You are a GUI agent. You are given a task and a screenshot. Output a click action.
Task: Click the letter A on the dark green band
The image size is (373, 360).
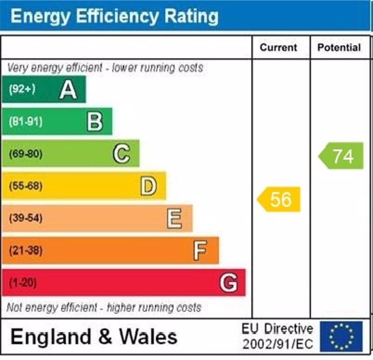point(68,89)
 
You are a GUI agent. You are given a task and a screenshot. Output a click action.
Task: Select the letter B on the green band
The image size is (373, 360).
point(95,121)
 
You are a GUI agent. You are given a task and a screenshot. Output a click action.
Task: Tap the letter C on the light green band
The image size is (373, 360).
point(121,153)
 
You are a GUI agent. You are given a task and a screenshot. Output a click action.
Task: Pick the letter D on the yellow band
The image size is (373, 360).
point(148,186)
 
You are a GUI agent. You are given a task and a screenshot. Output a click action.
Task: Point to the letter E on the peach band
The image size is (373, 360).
point(174,218)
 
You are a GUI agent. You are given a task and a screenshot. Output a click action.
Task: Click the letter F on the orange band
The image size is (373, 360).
point(200,250)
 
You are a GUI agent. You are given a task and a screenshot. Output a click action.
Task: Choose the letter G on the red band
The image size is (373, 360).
point(228,283)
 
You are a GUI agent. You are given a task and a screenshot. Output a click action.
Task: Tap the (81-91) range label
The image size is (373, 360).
point(25,121)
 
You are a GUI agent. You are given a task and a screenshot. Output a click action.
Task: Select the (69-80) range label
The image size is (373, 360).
point(25,153)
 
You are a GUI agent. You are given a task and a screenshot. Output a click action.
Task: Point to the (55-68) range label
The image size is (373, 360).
point(25,186)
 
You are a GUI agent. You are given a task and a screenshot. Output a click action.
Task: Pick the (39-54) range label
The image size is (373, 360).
point(25,218)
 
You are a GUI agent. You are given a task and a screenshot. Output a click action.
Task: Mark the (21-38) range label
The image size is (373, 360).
point(25,250)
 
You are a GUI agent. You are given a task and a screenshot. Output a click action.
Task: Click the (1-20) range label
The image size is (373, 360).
point(22,283)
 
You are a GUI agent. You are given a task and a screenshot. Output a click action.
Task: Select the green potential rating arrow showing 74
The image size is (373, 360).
point(342,156)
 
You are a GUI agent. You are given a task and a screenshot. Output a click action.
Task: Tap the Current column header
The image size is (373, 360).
point(278,48)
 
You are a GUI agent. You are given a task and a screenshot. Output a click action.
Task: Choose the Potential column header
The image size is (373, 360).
point(339,48)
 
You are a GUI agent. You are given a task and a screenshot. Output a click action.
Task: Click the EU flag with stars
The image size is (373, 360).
point(341,336)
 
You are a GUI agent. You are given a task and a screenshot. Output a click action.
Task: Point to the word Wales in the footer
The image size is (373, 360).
point(148,337)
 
